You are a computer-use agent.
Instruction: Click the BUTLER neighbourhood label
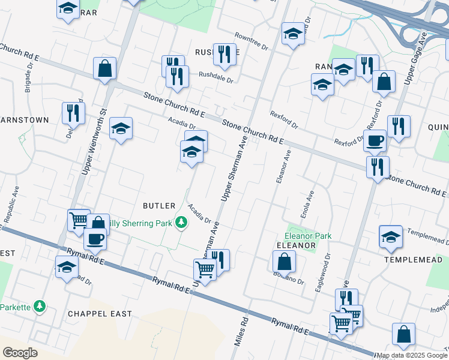pyautogui.click(x=159, y=205)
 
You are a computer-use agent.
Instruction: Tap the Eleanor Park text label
pyautogui.click(x=308, y=236)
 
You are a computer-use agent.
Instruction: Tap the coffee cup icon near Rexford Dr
pyautogui.click(x=375, y=141)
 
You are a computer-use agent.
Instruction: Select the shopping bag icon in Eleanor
pyautogui.click(x=284, y=262)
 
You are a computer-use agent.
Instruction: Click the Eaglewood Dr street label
pyautogui.click(x=323, y=272)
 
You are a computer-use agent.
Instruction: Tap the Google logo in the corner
pyautogui.click(x=20, y=352)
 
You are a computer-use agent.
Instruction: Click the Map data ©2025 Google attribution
pyautogui.click(x=412, y=355)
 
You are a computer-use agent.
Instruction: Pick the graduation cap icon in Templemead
pyautogui.click(x=391, y=236)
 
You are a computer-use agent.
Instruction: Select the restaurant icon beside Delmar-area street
pyautogui.click(x=73, y=112)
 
